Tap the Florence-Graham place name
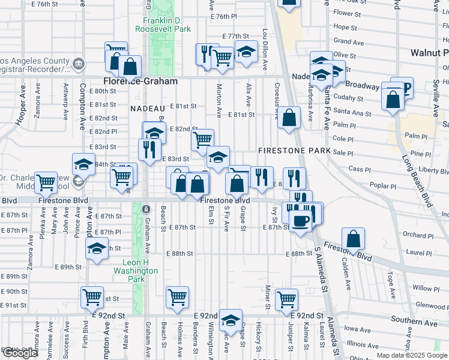point(140,81)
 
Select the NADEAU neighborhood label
point(147,108)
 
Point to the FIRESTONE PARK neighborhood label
point(294,150)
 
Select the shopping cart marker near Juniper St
point(287,299)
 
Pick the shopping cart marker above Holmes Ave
point(178,296)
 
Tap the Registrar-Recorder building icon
point(78,64)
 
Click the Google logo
point(20,353)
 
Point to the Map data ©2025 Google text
point(412,355)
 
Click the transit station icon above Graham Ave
point(146,208)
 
